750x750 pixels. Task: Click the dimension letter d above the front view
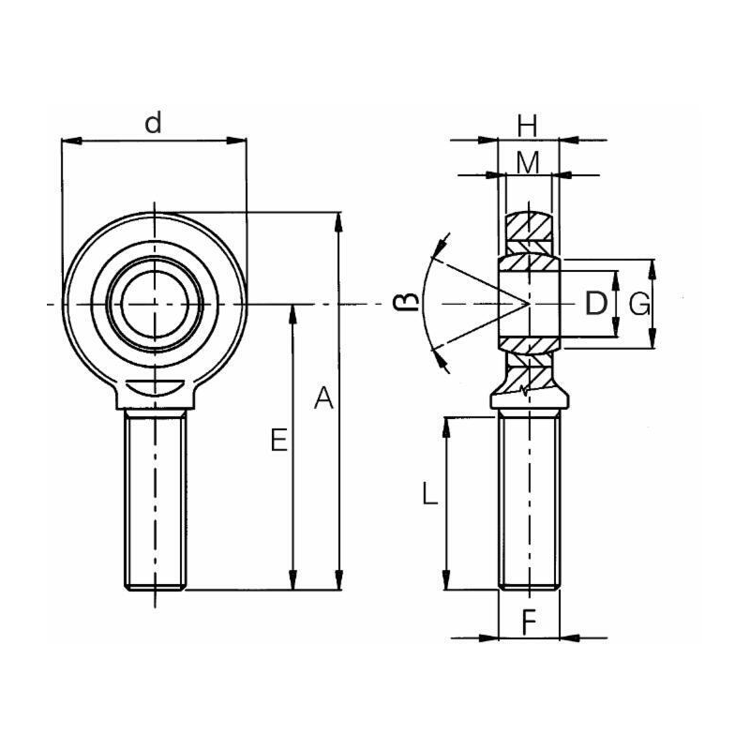[x=155, y=122]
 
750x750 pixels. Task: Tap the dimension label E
[x=278, y=440]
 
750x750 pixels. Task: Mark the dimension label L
[x=428, y=493]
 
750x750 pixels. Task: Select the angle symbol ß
[x=403, y=302]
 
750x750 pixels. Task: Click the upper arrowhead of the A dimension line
[x=339, y=220]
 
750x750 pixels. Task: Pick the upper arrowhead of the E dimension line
[x=295, y=312]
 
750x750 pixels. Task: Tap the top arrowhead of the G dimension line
[x=653, y=266]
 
